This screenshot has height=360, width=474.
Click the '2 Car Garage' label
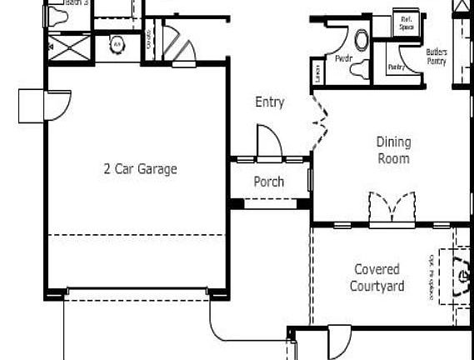pos(140,168)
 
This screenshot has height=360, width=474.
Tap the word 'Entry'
pos(270,102)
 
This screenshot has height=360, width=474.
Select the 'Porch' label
pos(268,181)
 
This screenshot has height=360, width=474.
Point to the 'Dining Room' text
pos(393,150)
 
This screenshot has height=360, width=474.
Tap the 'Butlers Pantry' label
pos(436,57)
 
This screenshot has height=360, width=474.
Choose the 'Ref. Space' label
pos(407,22)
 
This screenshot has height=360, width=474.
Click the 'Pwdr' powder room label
pos(342,60)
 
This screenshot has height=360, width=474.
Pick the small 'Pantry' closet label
pos(397,67)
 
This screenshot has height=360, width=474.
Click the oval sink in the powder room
pos(362,39)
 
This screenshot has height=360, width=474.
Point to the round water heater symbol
pos(117,44)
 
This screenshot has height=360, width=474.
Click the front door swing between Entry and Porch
pos(269,141)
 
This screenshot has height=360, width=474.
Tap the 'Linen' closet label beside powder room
pos(317,72)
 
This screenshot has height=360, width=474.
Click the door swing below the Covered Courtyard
pos(340,342)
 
